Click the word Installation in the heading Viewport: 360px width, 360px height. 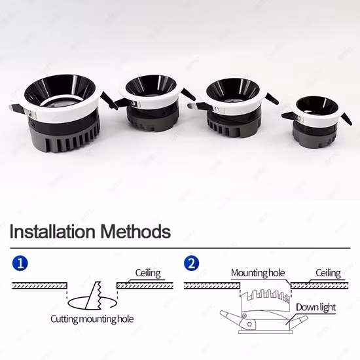coord(52,232)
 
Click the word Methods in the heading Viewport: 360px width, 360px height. coord(135,232)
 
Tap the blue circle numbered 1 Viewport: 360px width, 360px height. coord(20,263)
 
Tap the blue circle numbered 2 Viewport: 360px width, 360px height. coord(192,263)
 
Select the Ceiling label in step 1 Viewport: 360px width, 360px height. coord(148,273)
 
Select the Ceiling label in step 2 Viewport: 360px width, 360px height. coord(328,273)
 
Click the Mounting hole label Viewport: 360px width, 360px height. coord(258,273)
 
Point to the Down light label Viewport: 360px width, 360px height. coord(315,308)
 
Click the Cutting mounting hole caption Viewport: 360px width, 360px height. coord(92,319)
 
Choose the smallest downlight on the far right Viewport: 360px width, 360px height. coord(317,124)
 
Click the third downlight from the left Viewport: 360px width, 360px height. coord(232,108)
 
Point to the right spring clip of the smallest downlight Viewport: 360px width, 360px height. coord(346,118)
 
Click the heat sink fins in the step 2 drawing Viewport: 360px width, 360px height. coord(266,295)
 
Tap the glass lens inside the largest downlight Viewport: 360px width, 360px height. coord(62,105)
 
